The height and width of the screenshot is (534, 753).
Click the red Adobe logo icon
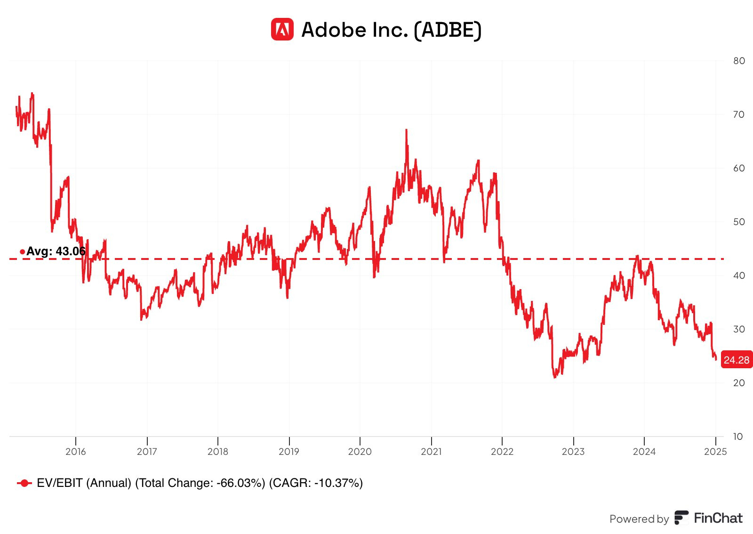tap(282, 30)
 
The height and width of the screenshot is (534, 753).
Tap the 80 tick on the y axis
tap(739, 61)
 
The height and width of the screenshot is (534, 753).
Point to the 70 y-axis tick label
tap(739, 114)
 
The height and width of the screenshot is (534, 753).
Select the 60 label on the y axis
tap(739, 168)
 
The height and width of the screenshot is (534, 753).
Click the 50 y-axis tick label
tap(739, 222)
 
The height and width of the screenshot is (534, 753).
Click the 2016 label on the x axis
tap(76, 452)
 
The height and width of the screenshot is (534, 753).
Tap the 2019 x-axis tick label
tap(289, 452)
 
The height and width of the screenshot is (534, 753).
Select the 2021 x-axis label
tap(431, 452)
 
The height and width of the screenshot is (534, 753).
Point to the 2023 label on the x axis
tap(573, 452)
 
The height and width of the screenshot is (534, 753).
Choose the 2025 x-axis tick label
tap(715, 452)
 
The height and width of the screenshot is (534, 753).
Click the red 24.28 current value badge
tap(737, 360)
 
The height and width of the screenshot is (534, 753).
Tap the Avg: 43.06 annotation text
tap(56, 251)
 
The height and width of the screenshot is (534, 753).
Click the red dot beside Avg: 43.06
tap(22, 252)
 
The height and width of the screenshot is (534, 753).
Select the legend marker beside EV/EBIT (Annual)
tap(24, 483)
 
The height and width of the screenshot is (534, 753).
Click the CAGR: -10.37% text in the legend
tap(316, 483)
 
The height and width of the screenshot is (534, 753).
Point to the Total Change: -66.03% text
tap(200, 483)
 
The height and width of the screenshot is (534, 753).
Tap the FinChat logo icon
tap(681, 518)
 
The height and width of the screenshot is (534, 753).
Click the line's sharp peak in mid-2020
tap(406, 130)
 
